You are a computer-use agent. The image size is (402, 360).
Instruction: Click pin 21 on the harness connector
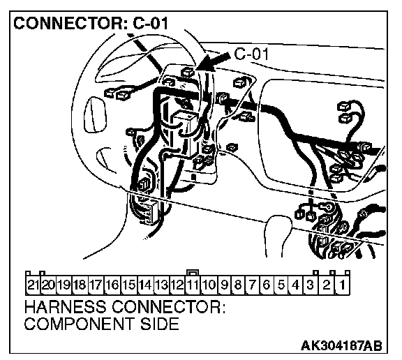(33, 285)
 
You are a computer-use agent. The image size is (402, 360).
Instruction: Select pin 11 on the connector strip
(193, 285)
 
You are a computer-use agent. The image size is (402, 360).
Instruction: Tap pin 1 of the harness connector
(343, 285)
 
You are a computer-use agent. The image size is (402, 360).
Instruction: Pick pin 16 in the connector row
(113, 285)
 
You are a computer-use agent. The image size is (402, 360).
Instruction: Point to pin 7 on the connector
(253, 285)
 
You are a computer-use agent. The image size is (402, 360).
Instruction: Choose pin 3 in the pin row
(311, 285)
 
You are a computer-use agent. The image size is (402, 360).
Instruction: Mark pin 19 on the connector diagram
(64, 285)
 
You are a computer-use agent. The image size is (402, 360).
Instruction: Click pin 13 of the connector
(161, 285)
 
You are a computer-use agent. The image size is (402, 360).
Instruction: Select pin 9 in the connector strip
(224, 285)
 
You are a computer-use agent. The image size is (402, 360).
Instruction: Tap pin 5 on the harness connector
(281, 285)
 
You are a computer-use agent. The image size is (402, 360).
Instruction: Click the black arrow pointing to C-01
(214, 61)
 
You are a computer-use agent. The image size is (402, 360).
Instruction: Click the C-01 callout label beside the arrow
(252, 54)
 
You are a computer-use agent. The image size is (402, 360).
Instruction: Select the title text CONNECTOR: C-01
(91, 23)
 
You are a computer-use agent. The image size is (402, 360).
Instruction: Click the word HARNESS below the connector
(65, 306)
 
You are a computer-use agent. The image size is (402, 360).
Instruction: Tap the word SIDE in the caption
(159, 323)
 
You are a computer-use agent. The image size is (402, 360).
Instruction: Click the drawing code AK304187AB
(341, 345)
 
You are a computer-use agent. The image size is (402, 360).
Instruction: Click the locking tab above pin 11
(193, 272)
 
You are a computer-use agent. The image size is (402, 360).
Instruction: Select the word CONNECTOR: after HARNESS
(169, 306)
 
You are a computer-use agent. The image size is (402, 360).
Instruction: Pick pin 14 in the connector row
(146, 285)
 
